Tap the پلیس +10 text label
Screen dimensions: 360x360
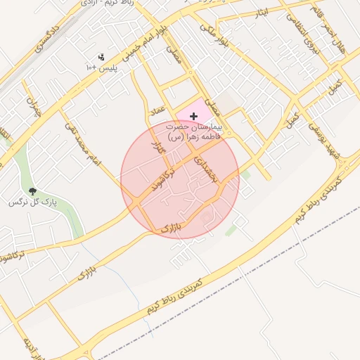[99, 67]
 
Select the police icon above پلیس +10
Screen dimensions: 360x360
[101, 56]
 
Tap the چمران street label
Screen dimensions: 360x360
[32, 105]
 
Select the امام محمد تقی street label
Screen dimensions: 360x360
[84, 143]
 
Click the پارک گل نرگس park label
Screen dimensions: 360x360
[32, 202]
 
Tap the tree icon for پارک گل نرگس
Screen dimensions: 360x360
[32, 191]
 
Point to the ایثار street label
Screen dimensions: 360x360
[261, 13]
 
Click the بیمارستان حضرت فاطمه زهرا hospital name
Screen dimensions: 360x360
[193, 132]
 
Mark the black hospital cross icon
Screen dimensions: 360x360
[193, 115]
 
